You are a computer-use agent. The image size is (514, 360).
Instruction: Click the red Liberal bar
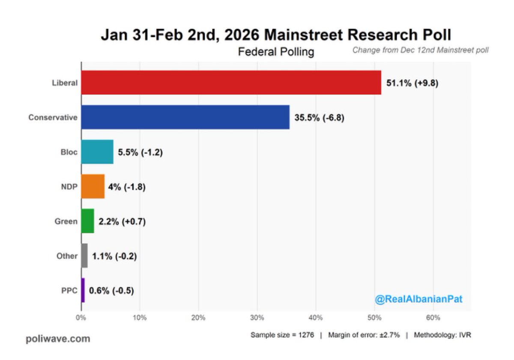231,83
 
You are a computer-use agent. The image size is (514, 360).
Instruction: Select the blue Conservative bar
185,117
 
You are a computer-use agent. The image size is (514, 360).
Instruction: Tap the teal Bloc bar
97,152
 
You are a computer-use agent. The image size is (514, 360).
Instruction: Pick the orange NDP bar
93,186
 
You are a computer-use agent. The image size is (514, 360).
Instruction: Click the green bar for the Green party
87,221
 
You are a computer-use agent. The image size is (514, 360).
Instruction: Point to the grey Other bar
84,256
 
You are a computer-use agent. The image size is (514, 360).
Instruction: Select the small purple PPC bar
83,290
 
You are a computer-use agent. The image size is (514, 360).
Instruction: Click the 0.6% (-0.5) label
111,290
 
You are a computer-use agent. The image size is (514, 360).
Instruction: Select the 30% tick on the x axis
257,318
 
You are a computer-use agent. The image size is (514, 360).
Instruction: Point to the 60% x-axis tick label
433,318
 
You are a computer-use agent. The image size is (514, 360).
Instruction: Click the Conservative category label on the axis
53,117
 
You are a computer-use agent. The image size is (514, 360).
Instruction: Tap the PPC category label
69,290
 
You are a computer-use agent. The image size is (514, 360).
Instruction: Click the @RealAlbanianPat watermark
418,299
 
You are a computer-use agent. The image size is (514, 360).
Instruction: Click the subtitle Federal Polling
276,52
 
